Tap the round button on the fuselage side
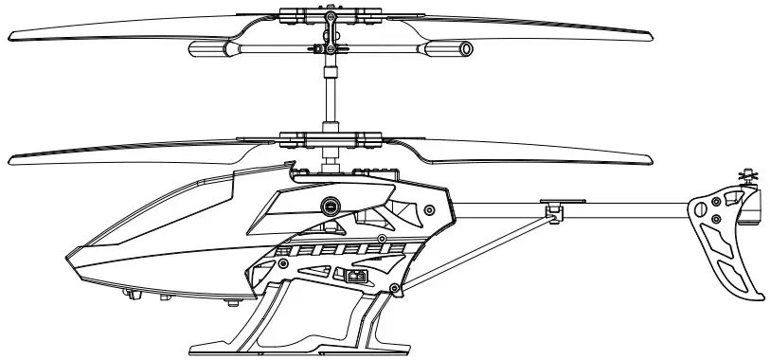(331, 204)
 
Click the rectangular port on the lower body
(356, 277)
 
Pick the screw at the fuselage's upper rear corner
(431, 209)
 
